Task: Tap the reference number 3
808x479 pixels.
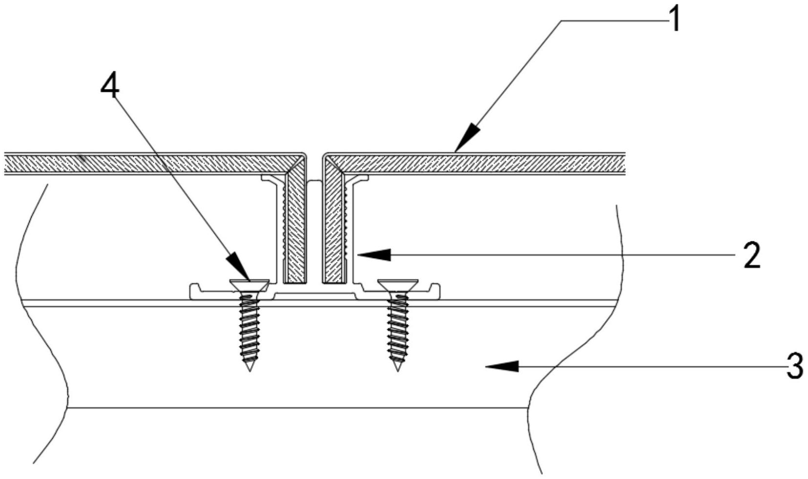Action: coord(795,366)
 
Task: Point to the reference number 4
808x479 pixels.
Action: coord(109,88)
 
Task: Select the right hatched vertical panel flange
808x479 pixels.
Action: coord(332,230)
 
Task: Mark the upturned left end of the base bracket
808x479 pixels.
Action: coord(192,289)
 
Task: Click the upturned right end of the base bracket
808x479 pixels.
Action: coord(437,289)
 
